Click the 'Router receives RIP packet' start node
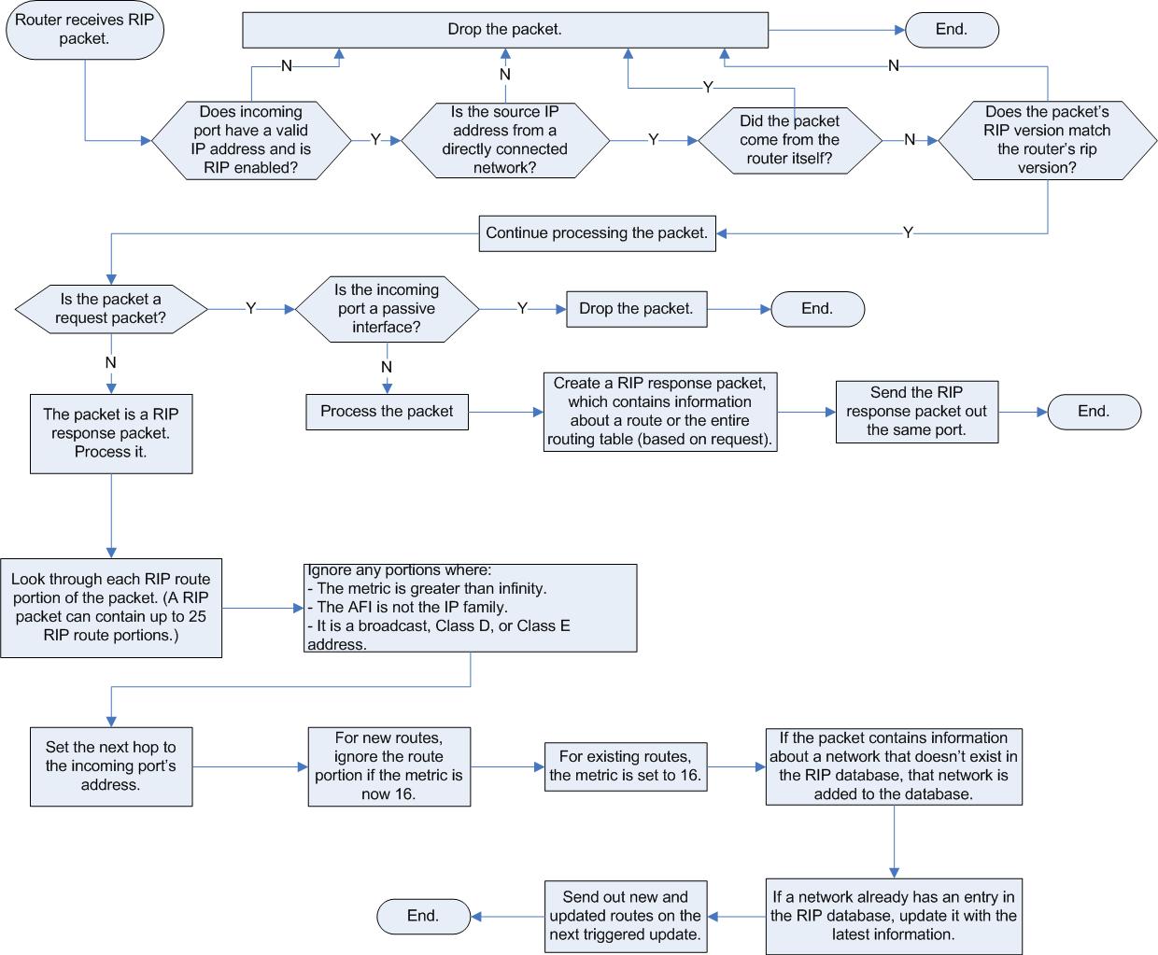(x=85, y=29)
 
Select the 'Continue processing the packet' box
(x=598, y=233)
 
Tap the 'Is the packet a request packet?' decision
(x=111, y=309)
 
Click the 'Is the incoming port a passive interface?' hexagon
(x=387, y=309)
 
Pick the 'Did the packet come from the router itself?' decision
(x=790, y=140)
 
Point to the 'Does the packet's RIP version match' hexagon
(x=1047, y=140)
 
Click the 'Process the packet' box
(x=388, y=412)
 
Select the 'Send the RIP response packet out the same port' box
(x=917, y=412)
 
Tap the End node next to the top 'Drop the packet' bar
(x=952, y=30)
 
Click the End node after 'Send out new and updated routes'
(x=423, y=916)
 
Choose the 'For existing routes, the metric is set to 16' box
(x=626, y=766)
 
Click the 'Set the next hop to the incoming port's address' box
(x=111, y=766)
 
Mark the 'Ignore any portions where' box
(x=471, y=608)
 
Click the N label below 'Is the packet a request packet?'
(x=111, y=363)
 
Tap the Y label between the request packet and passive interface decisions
(x=250, y=308)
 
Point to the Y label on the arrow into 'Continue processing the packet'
(x=908, y=232)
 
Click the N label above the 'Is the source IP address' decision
(x=504, y=75)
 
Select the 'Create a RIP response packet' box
(x=660, y=412)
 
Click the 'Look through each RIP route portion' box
(x=111, y=608)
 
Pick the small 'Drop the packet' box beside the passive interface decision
(x=637, y=309)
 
